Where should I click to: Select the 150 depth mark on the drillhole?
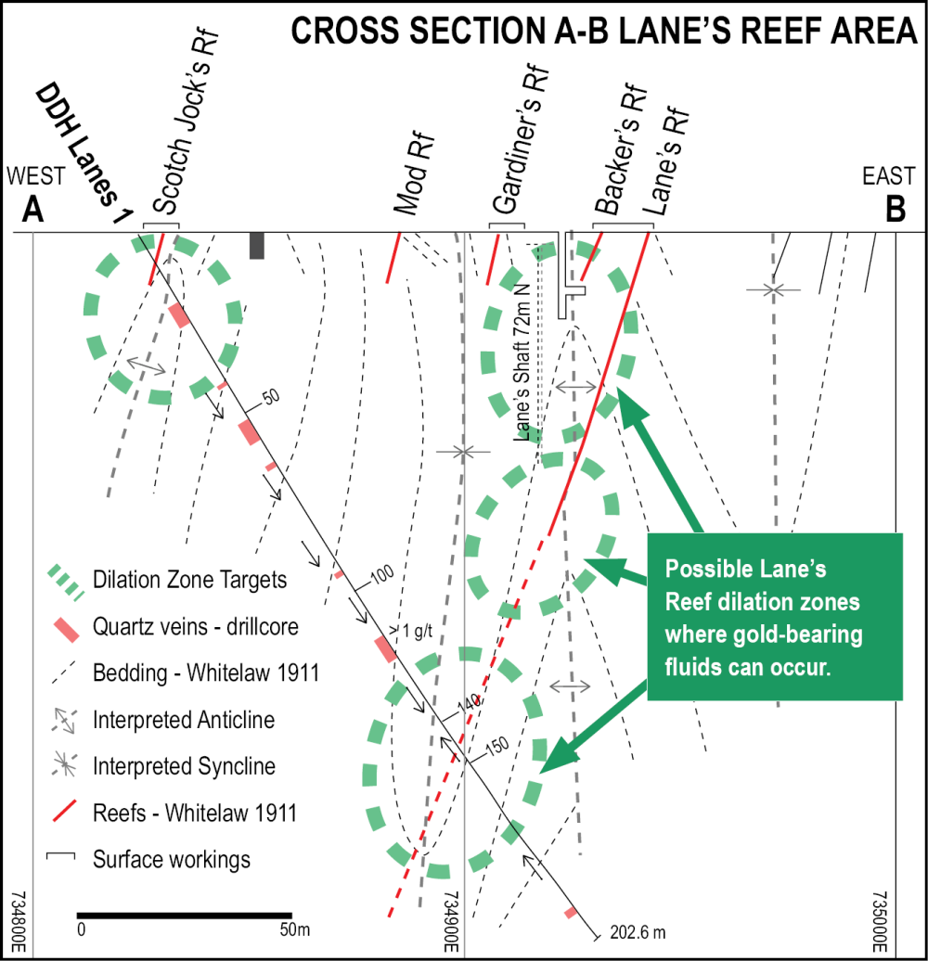coord(496,748)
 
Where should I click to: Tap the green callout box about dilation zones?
coord(775,616)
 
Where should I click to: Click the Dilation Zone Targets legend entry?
coord(189,580)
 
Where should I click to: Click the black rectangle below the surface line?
coord(257,245)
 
